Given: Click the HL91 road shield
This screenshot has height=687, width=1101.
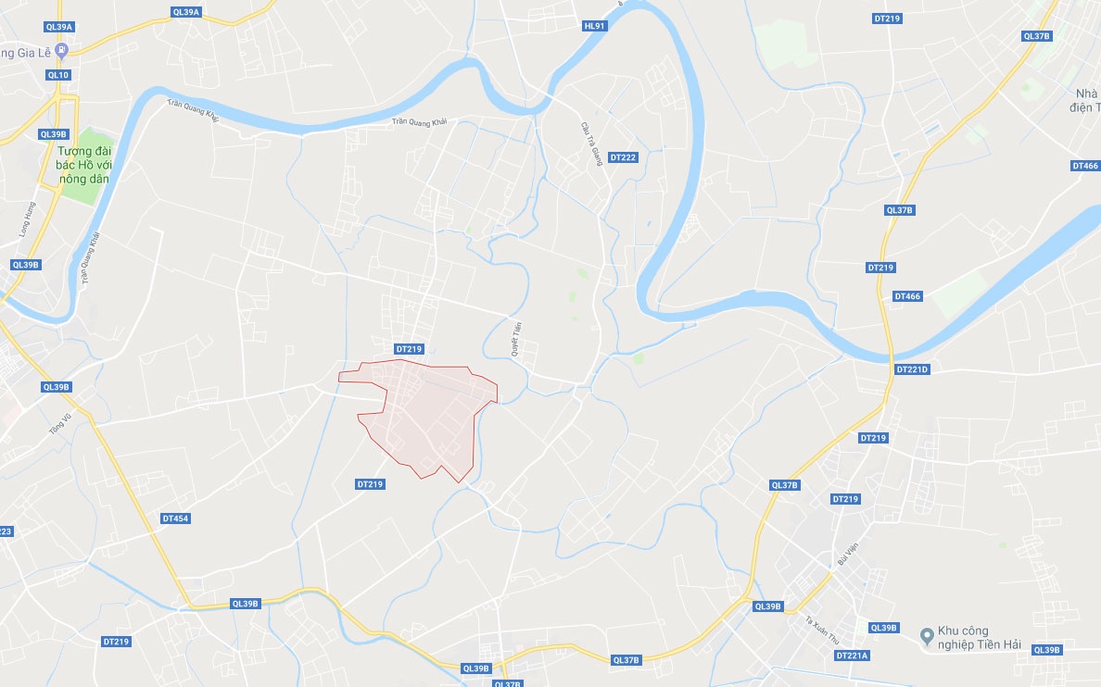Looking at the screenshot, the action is pyautogui.click(x=594, y=26).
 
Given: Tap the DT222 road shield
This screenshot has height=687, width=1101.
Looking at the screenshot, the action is pyautogui.click(x=623, y=157).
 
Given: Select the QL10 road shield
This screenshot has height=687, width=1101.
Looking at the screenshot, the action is pyautogui.click(x=57, y=75).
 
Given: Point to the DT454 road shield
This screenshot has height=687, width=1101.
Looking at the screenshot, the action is pyautogui.click(x=174, y=518).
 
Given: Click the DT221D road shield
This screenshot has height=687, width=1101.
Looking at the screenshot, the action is pyautogui.click(x=912, y=368).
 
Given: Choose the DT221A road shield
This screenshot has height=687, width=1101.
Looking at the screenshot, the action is pyautogui.click(x=851, y=656).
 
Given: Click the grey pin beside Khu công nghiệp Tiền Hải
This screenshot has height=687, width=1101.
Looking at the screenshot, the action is pyautogui.click(x=925, y=636).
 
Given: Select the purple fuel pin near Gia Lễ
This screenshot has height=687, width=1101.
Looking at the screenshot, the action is pyautogui.click(x=61, y=50).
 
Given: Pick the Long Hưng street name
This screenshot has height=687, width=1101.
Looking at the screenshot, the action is pyautogui.click(x=27, y=219).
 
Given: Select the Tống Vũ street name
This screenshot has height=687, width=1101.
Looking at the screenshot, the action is pyautogui.click(x=61, y=423).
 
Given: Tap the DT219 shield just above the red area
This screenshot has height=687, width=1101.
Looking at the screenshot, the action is pyautogui.click(x=409, y=349).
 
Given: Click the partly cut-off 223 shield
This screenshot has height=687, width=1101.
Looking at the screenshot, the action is pyautogui.click(x=6, y=531).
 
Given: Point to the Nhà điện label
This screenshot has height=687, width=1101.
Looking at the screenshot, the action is pyautogui.click(x=1085, y=100).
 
